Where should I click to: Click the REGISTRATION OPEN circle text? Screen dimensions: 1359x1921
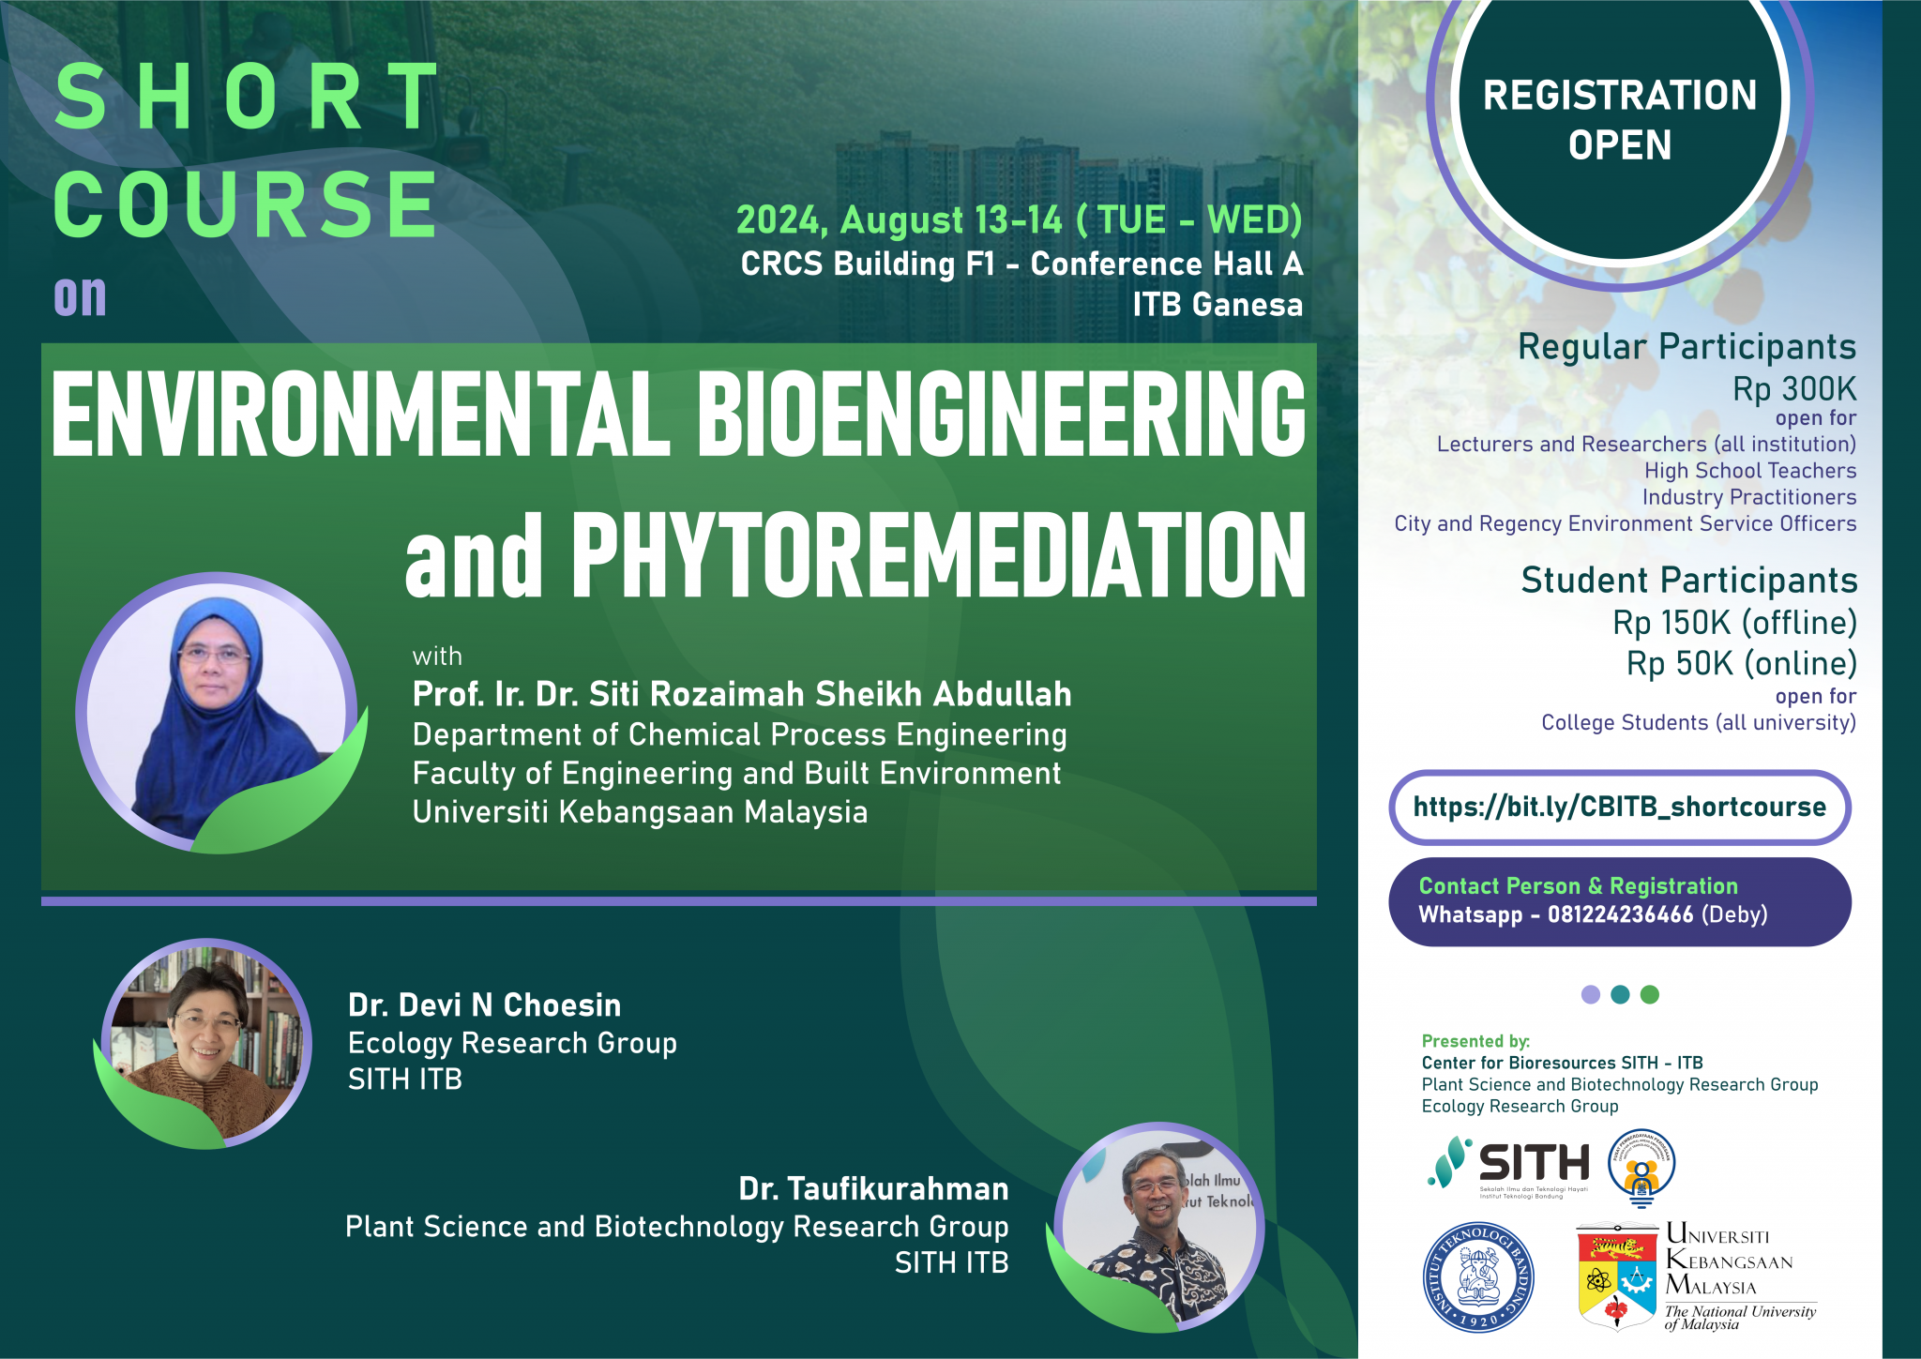coord(1620,120)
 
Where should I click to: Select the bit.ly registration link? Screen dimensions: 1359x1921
coord(1619,807)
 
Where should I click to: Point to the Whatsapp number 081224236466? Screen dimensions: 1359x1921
coord(1620,914)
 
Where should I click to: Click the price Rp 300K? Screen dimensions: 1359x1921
coord(1793,388)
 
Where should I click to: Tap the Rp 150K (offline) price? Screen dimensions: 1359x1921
coord(1734,622)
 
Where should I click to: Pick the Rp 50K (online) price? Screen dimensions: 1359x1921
coord(1741,663)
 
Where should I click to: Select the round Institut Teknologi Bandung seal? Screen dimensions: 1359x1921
coord(1478,1277)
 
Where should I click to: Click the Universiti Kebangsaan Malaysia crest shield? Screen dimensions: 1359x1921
coord(1617,1276)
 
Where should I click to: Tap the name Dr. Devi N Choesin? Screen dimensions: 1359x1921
coord(484,1004)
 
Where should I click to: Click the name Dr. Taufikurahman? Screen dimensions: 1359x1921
coord(873,1188)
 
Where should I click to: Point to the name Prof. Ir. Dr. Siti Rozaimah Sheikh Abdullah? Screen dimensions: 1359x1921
coord(741,694)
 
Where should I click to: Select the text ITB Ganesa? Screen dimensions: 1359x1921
coord(1217,305)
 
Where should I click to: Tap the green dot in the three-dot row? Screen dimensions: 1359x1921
coord(1650,994)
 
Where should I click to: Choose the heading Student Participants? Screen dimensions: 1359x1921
coord(1688,581)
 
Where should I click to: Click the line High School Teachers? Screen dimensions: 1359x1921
coord(1749,471)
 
